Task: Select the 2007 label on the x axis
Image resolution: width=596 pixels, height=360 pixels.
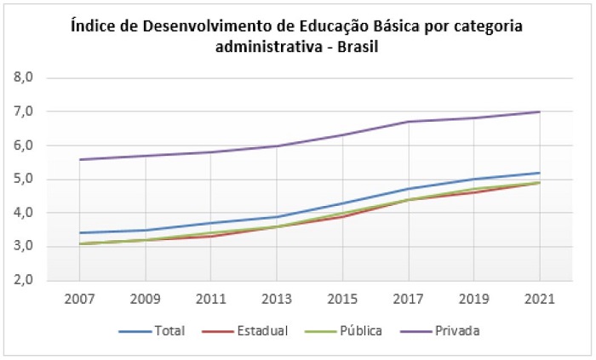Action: pos(79,300)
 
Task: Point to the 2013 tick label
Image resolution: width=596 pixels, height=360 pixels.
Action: pos(277,300)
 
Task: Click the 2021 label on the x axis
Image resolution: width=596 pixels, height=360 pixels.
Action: pos(540,300)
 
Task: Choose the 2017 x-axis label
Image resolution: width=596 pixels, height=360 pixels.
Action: pos(408,300)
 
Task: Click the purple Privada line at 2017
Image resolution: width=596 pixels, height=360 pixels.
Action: pos(408,122)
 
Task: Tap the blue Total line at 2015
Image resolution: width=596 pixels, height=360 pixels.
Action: pos(342,203)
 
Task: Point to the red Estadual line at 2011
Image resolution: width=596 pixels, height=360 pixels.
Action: pos(210,236)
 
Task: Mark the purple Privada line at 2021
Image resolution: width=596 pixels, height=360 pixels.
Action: pos(539,111)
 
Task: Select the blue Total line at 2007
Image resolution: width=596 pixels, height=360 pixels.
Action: pos(79,232)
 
